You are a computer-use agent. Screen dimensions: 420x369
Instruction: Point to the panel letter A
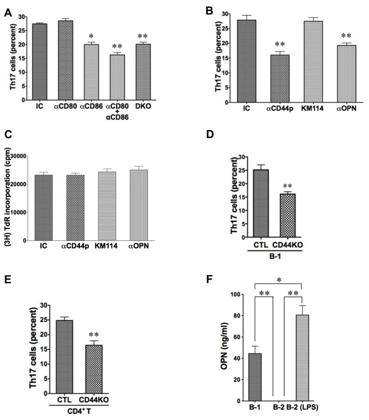click(x=7, y=13)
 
